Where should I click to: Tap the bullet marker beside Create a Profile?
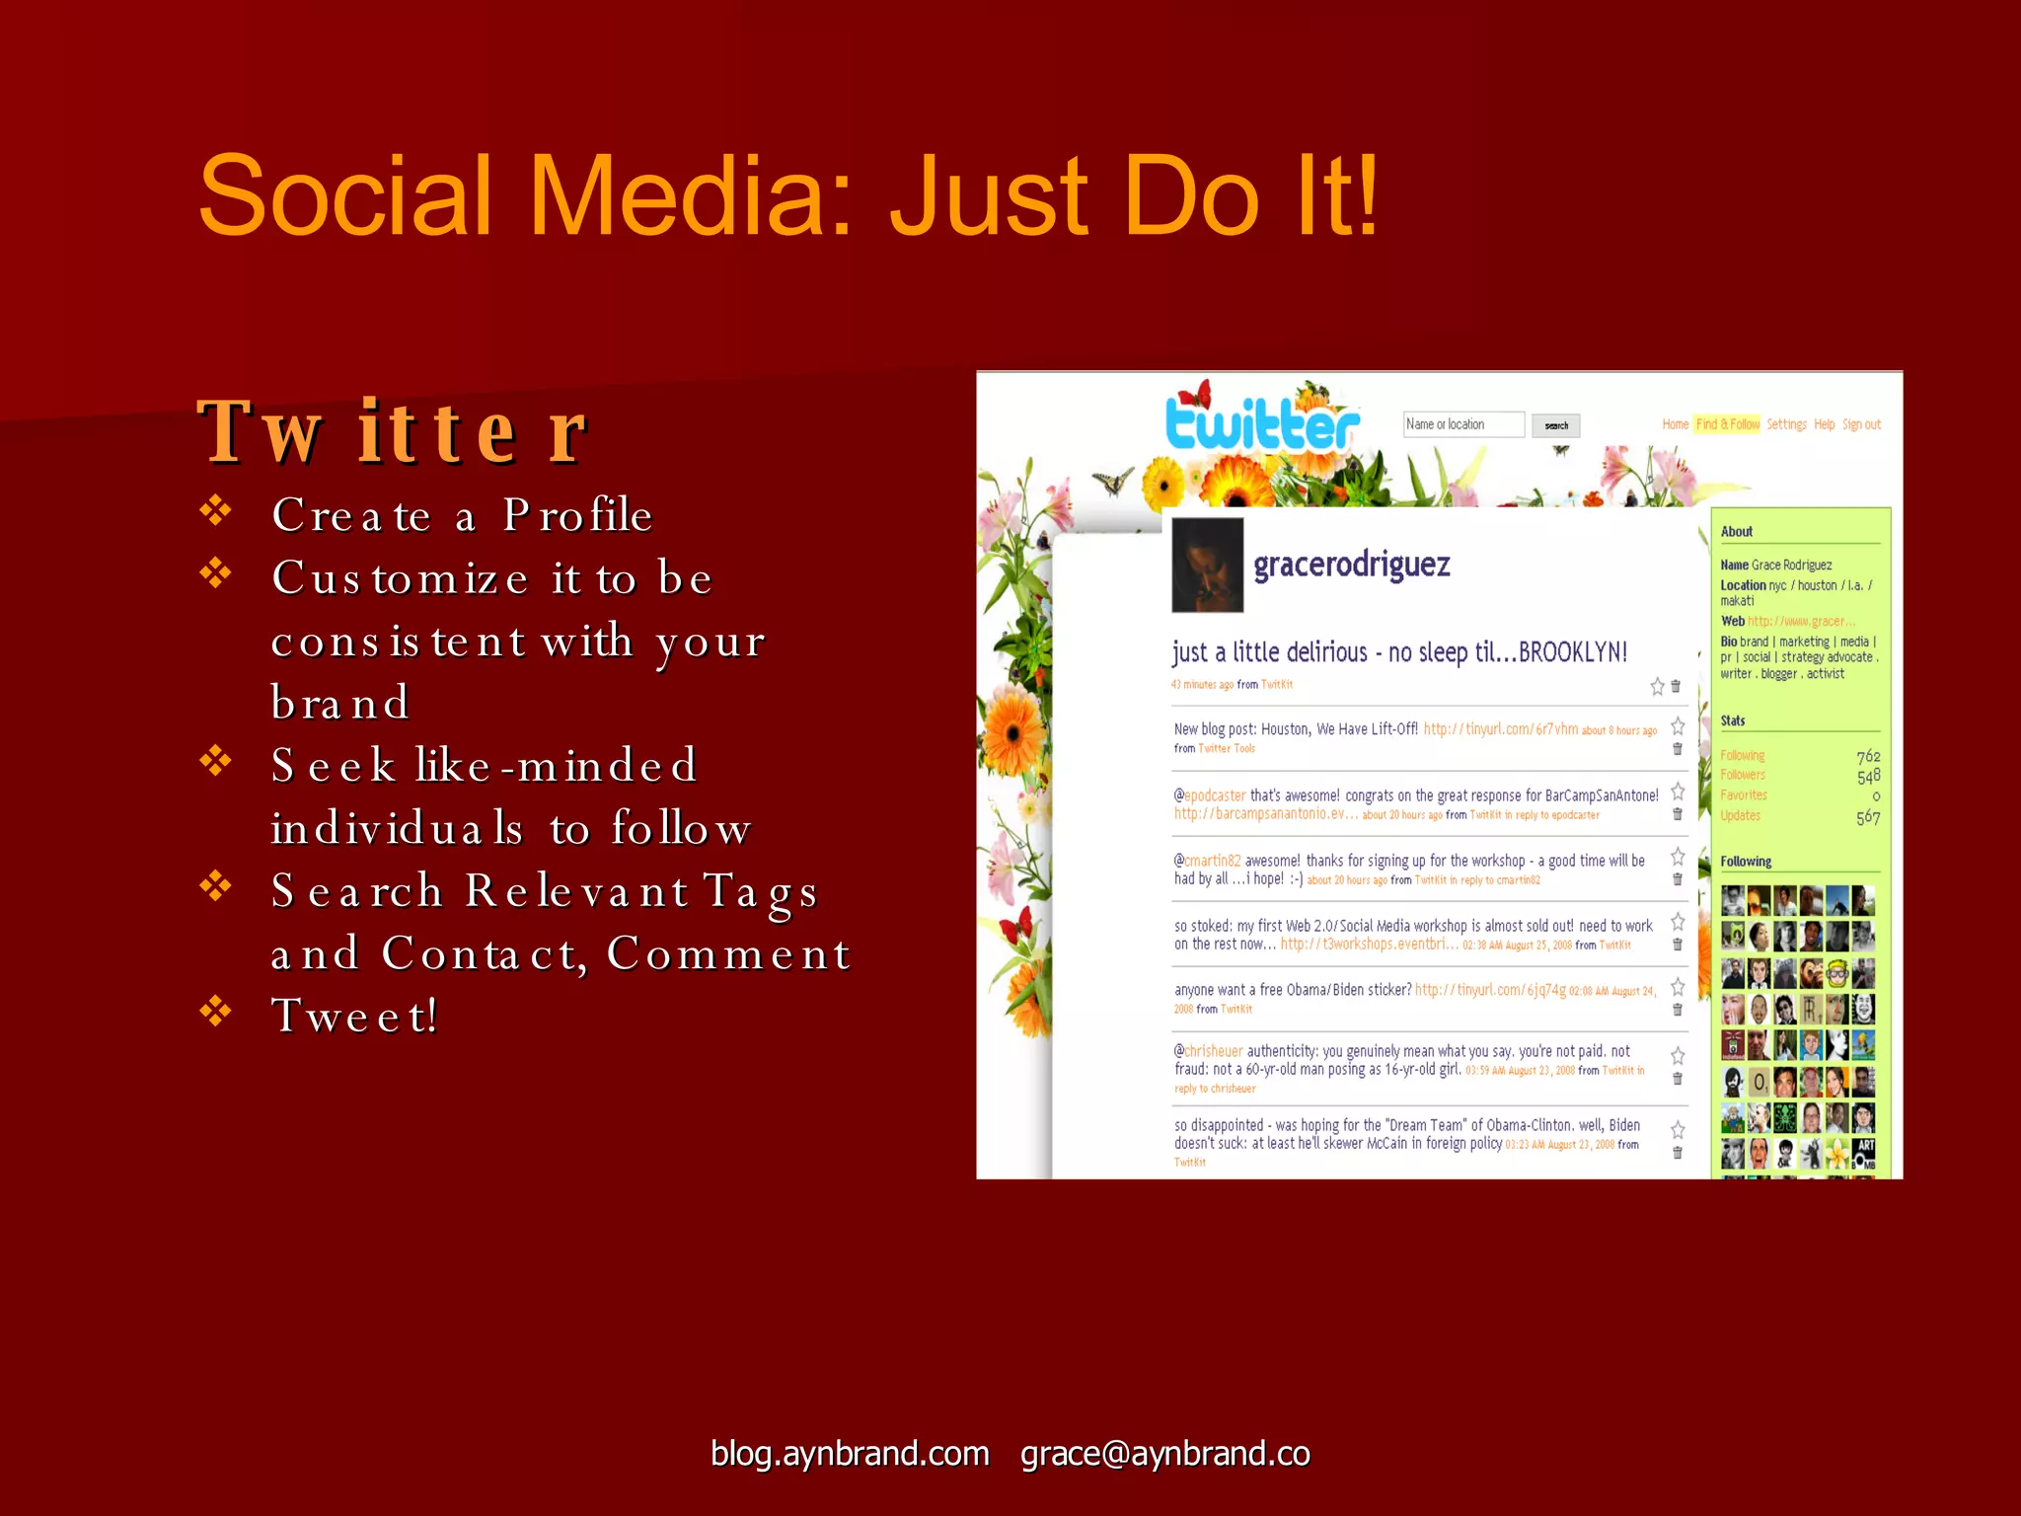click(x=215, y=510)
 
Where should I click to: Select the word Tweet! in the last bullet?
click(x=354, y=1016)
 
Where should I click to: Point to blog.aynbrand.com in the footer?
click(x=850, y=1454)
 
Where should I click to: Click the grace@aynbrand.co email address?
click(x=1164, y=1454)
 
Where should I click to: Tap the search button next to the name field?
click(x=1556, y=425)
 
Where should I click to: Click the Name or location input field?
click(x=1463, y=424)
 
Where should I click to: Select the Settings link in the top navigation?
click(x=1786, y=424)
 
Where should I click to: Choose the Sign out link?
click(x=1861, y=424)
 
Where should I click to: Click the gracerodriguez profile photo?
click(x=1207, y=565)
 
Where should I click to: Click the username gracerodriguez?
click(x=1351, y=565)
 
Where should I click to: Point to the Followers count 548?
click(x=1868, y=777)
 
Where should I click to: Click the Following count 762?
click(x=1868, y=756)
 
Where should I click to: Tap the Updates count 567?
click(x=1868, y=817)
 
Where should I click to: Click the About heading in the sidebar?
click(x=1737, y=532)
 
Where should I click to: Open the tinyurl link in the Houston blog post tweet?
click(x=1500, y=729)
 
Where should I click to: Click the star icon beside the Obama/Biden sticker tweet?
click(x=1678, y=987)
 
